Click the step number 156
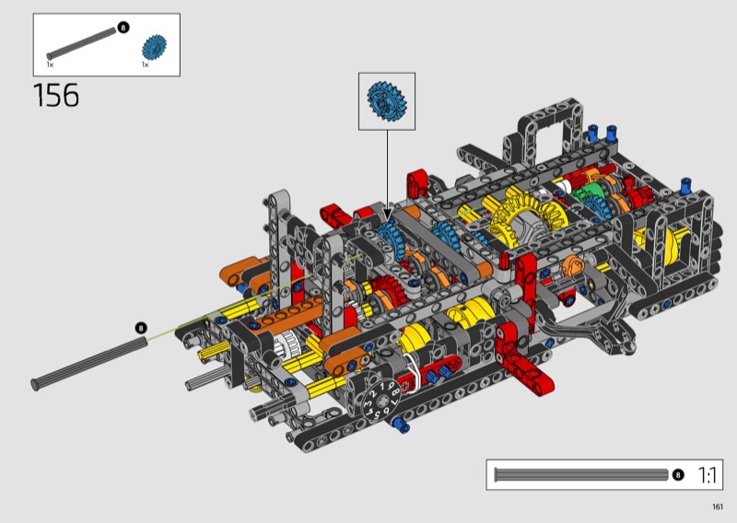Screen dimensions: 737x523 pyautogui.click(x=56, y=96)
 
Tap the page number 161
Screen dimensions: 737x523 pyautogui.click(x=718, y=506)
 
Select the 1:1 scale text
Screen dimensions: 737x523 pyautogui.click(x=707, y=475)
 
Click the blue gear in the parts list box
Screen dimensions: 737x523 pyautogui.click(x=154, y=47)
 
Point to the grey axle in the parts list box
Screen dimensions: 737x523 pyautogui.click(x=81, y=43)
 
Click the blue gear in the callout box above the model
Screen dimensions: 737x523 pyautogui.click(x=387, y=101)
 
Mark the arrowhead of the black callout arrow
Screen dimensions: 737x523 pyautogui.click(x=387, y=216)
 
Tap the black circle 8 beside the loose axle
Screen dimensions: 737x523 pyautogui.click(x=141, y=328)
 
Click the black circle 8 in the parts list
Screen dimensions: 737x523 pyautogui.click(x=123, y=28)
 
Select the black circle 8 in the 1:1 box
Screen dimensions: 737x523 pyautogui.click(x=677, y=475)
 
